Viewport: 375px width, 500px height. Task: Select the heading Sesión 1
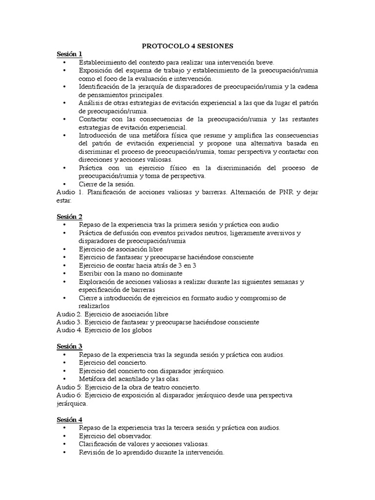[x=69, y=54]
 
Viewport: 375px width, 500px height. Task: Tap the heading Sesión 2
[x=69, y=216]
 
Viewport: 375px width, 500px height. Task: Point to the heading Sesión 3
[x=69, y=346]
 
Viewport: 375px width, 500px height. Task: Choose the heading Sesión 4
[x=69, y=419]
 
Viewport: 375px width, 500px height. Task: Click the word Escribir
[x=91, y=273]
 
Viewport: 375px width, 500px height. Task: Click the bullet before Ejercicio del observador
[x=65, y=436]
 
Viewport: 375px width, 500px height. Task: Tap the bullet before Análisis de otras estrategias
[x=65, y=103]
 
